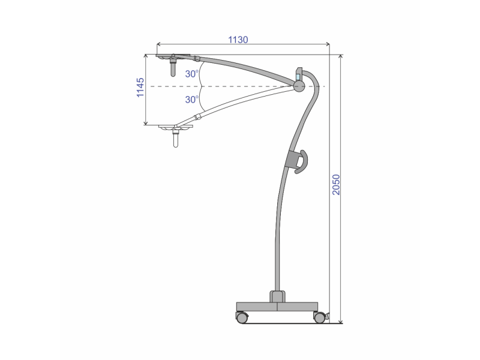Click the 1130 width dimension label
coord(238,40)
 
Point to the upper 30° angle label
coord(191,74)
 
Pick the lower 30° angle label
coord(191,99)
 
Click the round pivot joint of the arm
coord(299,86)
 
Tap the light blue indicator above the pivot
coord(298,77)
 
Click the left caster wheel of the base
coord(242,317)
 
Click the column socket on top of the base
coord(277,296)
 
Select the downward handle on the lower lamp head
coord(175,141)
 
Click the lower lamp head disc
coord(175,127)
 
